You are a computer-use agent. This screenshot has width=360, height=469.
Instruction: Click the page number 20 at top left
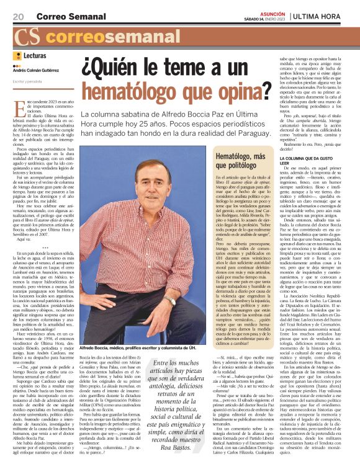pyautogui.click(x=17, y=16)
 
